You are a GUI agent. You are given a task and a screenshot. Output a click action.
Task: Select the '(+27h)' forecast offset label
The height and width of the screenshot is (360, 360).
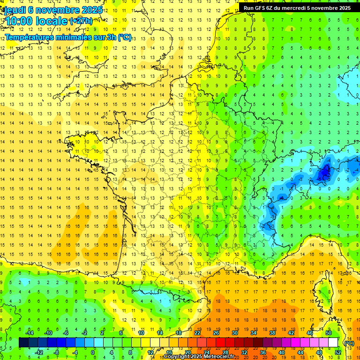click(81, 21)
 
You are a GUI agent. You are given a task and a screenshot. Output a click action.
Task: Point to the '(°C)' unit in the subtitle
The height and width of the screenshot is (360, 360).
click(124, 37)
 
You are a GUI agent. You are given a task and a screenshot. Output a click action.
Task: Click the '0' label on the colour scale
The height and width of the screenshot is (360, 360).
click(93, 352)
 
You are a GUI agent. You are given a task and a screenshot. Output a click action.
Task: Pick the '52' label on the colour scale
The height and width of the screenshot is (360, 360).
click(338, 352)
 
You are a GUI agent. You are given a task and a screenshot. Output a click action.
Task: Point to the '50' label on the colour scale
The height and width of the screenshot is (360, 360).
click(329, 333)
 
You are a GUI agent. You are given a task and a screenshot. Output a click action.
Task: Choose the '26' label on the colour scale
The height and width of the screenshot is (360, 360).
click(216, 333)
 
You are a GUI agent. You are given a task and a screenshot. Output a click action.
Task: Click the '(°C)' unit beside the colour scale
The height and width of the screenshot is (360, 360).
click(349, 343)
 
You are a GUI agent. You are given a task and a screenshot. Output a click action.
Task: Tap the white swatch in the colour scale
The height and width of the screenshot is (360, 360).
click(333, 343)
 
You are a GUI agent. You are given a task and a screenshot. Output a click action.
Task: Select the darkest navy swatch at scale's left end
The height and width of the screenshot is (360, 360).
click(23, 343)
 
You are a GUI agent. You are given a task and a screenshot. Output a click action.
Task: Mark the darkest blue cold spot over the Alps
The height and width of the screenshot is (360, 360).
click(323, 173)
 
